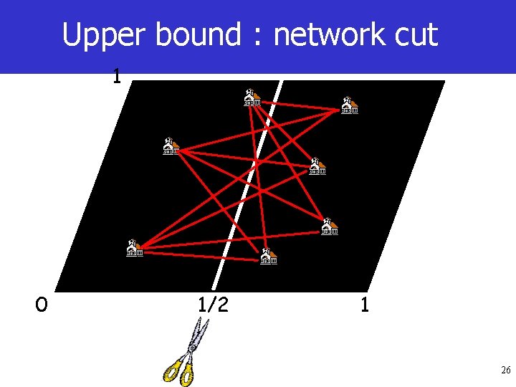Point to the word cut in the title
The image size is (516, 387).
point(415,34)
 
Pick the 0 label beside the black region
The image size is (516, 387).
point(42,305)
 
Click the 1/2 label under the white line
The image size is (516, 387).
point(214,305)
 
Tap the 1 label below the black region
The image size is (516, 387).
point(365,305)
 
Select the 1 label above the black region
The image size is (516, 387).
point(116,75)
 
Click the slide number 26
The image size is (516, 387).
point(505,371)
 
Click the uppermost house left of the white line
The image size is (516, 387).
point(251,97)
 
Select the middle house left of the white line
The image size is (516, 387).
point(170,145)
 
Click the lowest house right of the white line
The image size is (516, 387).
point(268,255)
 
